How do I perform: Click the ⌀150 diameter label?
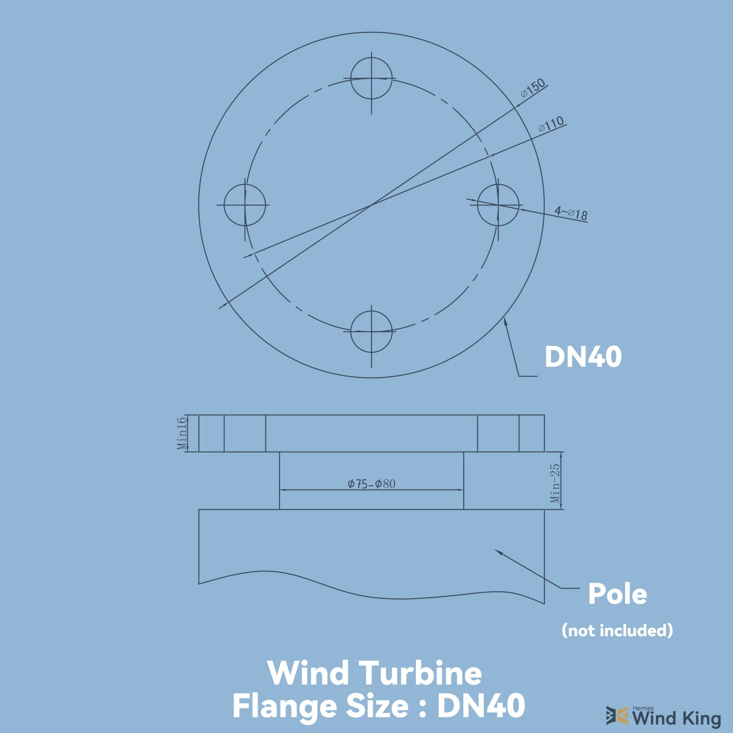[x=533, y=88]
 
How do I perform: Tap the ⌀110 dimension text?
[x=551, y=125]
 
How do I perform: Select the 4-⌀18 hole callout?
[x=571, y=213]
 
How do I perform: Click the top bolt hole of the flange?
[x=371, y=79]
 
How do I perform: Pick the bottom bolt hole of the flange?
[x=371, y=331]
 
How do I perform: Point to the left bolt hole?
[x=245, y=205]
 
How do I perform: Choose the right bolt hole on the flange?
[x=498, y=205]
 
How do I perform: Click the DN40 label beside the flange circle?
[x=583, y=357]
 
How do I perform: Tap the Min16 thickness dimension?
[x=182, y=433]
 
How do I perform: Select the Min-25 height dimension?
[x=555, y=483]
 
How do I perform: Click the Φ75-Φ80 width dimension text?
[x=371, y=484]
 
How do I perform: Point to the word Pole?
[x=618, y=594]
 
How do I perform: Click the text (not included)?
[x=618, y=630]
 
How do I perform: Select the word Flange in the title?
[x=286, y=706]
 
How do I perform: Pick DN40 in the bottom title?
[x=481, y=706]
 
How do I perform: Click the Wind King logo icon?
[x=617, y=716]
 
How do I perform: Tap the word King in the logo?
[x=701, y=719]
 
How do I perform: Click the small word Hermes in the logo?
[x=643, y=708]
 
